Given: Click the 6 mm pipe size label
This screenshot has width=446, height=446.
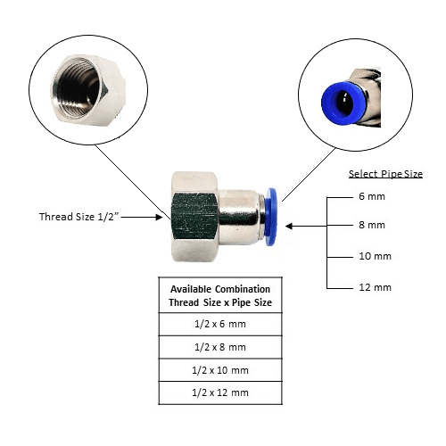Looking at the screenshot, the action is pyautogui.click(x=372, y=196).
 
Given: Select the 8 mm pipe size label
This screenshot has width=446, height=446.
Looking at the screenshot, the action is pyautogui.click(x=372, y=225).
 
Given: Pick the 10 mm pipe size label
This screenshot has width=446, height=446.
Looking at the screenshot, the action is pyautogui.click(x=375, y=256).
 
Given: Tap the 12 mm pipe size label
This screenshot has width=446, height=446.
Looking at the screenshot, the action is pyautogui.click(x=375, y=287).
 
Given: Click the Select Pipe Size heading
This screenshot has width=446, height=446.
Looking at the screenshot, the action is pyautogui.click(x=385, y=174).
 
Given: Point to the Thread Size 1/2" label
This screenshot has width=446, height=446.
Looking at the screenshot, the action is pyautogui.click(x=78, y=217).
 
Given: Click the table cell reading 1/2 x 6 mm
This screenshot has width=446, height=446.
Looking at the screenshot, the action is pyautogui.click(x=220, y=324).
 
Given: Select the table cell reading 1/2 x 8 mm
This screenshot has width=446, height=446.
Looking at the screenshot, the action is pyautogui.click(x=220, y=347).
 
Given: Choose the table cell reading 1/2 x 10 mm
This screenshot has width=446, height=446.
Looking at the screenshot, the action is pyautogui.click(x=220, y=370).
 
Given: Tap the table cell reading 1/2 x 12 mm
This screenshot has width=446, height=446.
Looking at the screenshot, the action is pyautogui.click(x=220, y=392).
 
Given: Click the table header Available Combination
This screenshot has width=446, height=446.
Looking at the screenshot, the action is pyautogui.click(x=220, y=289).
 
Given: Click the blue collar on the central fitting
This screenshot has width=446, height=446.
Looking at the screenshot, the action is pyautogui.click(x=271, y=217).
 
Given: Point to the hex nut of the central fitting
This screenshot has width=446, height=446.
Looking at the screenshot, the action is pyautogui.click(x=194, y=217).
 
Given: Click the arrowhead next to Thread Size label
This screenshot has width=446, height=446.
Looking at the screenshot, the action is pyautogui.click(x=159, y=217).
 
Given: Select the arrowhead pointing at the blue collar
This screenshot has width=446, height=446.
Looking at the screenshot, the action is pyautogui.click(x=289, y=227).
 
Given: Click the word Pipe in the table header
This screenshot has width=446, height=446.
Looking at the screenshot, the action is pyautogui.click(x=241, y=302).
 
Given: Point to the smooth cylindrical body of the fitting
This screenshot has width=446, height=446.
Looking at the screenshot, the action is pyautogui.click(x=239, y=217).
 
